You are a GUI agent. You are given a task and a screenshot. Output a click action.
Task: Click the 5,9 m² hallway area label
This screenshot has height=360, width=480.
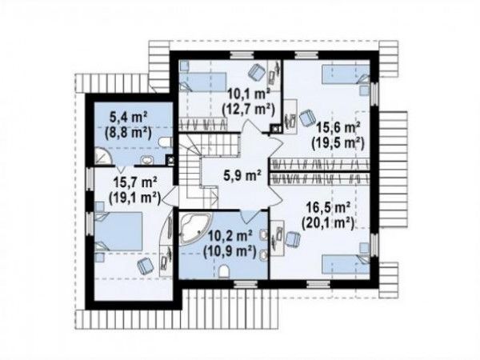tap(242, 176)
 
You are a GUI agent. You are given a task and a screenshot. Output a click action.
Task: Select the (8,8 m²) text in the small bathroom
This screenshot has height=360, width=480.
tap(128, 133)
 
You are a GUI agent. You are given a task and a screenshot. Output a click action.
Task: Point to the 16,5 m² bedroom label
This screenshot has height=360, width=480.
tap(329, 208)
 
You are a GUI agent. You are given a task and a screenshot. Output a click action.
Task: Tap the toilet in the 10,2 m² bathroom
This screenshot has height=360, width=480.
tap(224, 272)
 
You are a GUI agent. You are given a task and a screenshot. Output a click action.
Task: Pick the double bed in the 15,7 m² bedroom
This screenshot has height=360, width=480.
tap(118, 232)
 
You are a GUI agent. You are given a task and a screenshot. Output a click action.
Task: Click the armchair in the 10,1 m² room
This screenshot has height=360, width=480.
tap(256, 73)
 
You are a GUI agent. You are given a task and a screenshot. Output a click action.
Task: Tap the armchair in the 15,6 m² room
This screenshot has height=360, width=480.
tap(306, 118)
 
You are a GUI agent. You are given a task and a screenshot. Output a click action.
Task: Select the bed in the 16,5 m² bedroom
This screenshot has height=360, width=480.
tap(346, 264)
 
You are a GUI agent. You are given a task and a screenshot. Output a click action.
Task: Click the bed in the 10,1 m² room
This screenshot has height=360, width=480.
tap(202, 82)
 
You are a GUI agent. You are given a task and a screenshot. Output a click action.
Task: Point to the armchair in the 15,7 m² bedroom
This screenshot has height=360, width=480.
tap(145, 266)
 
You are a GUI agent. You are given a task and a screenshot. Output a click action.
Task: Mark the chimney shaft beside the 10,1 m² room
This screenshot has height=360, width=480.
tap(276, 129)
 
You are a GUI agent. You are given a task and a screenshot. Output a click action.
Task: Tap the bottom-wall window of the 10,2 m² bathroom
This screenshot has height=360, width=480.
tap(246, 284)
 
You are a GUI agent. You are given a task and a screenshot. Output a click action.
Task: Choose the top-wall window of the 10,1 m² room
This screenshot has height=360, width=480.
tap(242, 54)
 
